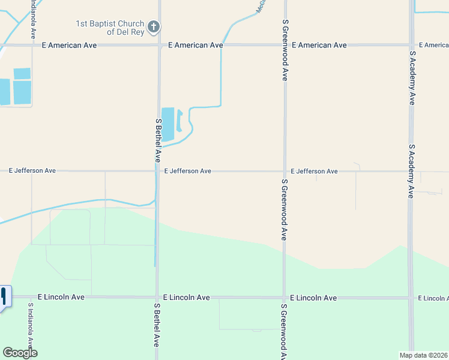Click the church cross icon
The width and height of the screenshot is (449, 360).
click(154, 26)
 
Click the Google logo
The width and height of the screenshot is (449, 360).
click(20, 353)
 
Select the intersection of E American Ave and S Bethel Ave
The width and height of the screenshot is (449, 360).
click(158, 44)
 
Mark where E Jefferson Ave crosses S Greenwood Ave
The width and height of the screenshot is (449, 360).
click(285, 171)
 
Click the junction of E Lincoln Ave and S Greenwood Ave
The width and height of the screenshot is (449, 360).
click(285, 298)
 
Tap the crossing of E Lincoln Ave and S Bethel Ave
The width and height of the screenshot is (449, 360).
click(157, 298)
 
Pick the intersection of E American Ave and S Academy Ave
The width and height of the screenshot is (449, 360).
click(411, 44)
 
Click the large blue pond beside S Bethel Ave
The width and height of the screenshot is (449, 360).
click(167, 124)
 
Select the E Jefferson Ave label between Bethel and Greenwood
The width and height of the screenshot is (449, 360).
click(187, 171)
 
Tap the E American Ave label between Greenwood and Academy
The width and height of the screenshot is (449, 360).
click(319, 45)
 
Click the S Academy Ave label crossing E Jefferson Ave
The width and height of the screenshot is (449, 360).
click(411, 171)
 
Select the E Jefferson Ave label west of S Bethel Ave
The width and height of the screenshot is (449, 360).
click(32, 171)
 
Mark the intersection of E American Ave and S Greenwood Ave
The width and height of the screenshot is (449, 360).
click(285, 44)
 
